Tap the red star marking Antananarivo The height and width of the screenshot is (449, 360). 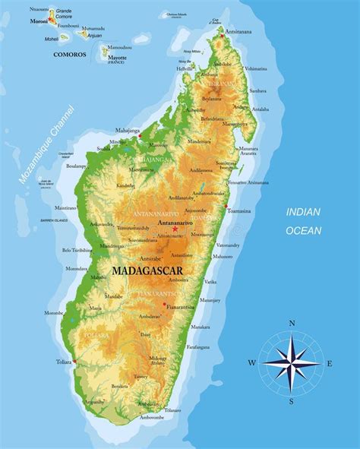click(x=175, y=229)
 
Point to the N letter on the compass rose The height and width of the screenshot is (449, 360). click(x=292, y=323)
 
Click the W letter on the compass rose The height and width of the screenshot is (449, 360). click(x=251, y=363)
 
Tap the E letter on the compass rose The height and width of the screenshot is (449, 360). click(x=329, y=363)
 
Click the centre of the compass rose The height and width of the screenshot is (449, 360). click(x=292, y=363)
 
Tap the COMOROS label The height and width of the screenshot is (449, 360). click(x=70, y=55)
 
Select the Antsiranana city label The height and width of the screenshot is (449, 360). click(x=237, y=31)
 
